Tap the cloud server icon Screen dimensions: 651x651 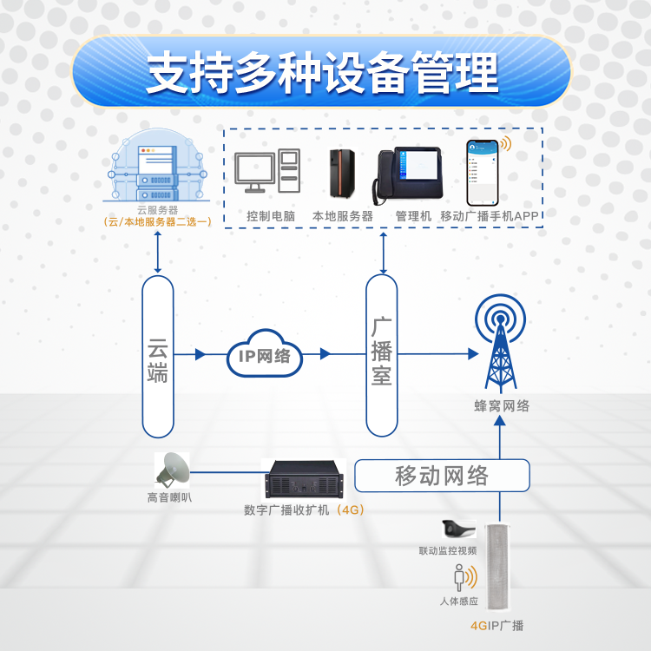point(157,168)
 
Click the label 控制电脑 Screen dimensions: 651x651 point(271,216)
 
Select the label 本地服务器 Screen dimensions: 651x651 point(342,216)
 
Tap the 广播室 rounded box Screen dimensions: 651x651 point(382,354)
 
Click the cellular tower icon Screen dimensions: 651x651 point(500,344)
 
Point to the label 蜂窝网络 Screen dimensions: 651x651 point(502,405)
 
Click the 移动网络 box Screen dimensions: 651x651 point(442,476)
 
